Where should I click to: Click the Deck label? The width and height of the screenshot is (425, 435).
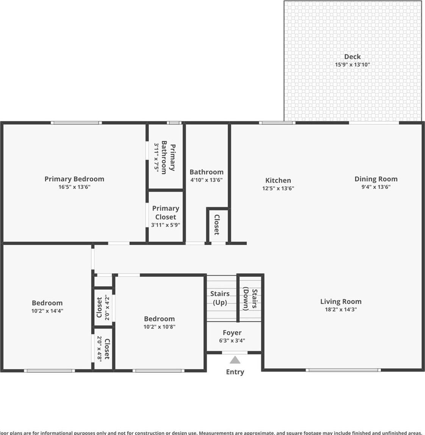coord(352,57)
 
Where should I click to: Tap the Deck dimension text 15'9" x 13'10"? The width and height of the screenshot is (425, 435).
coord(352,65)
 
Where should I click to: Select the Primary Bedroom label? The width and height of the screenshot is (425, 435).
coord(74,179)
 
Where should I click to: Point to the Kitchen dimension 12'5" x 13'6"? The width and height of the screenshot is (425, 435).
coord(278,188)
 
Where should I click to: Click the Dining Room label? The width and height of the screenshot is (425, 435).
coord(376,179)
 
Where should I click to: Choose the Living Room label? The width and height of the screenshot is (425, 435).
coord(341,301)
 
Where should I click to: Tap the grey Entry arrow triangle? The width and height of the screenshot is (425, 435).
coord(235,360)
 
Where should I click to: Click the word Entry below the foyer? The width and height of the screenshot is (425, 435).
coord(235,372)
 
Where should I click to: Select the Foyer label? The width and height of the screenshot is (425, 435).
coord(232,333)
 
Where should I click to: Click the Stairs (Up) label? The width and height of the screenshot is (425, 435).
coord(220,298)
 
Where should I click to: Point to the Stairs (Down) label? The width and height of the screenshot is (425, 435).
coord(250,299)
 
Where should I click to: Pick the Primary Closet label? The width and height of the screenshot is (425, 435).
coord(166,212)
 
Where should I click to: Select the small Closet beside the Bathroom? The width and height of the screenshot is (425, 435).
coord(217,225)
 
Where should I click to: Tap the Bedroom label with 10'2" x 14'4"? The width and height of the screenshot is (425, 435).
coord(47,303)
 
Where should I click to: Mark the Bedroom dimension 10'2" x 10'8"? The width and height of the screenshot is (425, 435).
coord(159,327)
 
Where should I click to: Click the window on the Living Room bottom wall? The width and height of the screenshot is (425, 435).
coord(343,370)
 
